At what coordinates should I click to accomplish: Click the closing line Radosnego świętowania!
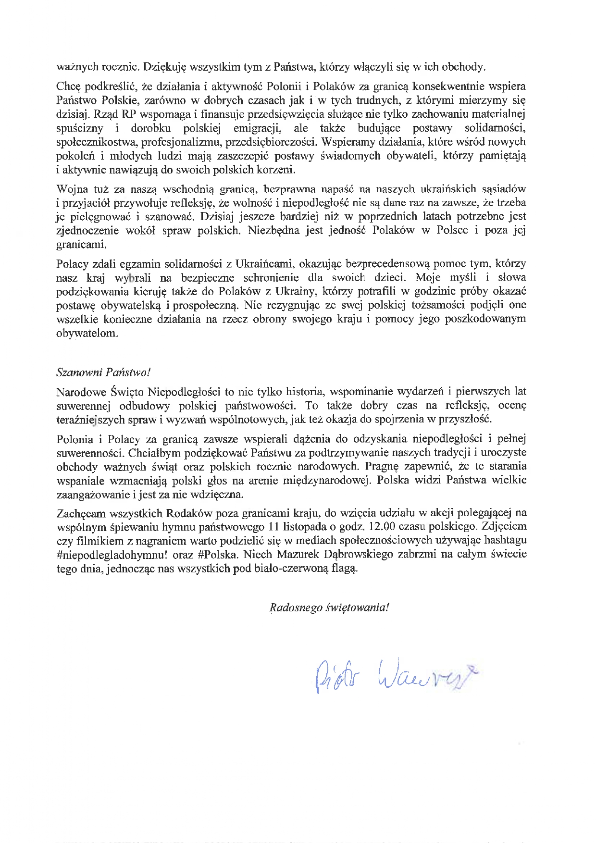[329, 607]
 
